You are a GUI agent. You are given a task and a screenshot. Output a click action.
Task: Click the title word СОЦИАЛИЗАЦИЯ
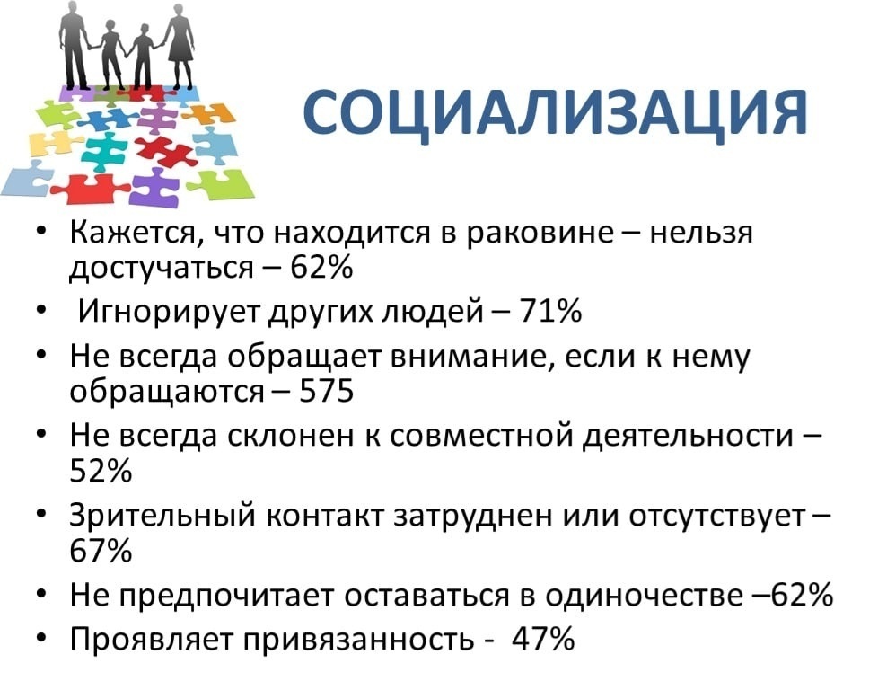tap(555, 113)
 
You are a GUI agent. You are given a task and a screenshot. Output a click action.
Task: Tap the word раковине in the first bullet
tap(540, 233)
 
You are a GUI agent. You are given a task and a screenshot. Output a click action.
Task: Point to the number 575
tap(326, 391)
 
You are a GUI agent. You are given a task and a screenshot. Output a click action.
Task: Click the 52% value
tap(101, 471)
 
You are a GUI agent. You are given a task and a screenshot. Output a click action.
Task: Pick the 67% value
tap(101, 550)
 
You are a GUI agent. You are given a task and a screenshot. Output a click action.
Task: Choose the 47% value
tap(543, 639)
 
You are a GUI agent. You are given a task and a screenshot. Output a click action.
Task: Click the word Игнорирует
tap(171, 311)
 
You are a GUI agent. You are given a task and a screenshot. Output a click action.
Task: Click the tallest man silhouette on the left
tap(75, 45)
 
